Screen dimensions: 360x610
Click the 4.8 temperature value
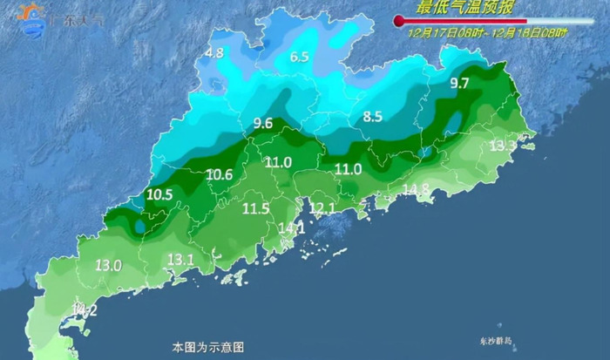214,53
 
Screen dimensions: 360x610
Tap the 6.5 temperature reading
300,58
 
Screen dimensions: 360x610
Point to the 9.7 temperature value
459,84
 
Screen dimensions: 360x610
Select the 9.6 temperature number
263,124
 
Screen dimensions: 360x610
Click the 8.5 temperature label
373,116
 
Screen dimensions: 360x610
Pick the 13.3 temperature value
502,146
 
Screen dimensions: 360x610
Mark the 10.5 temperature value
159,195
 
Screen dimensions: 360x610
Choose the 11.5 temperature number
255,208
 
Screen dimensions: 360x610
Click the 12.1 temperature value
322,207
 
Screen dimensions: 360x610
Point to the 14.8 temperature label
416,189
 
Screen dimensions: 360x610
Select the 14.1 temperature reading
290,228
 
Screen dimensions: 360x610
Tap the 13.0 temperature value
108,265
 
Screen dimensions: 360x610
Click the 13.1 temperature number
180,259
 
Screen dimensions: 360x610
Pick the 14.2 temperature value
85,309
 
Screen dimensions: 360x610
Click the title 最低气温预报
465,9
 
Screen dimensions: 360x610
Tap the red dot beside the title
399,19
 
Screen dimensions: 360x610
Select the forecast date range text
488,32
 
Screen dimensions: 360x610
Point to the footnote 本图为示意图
202,346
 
